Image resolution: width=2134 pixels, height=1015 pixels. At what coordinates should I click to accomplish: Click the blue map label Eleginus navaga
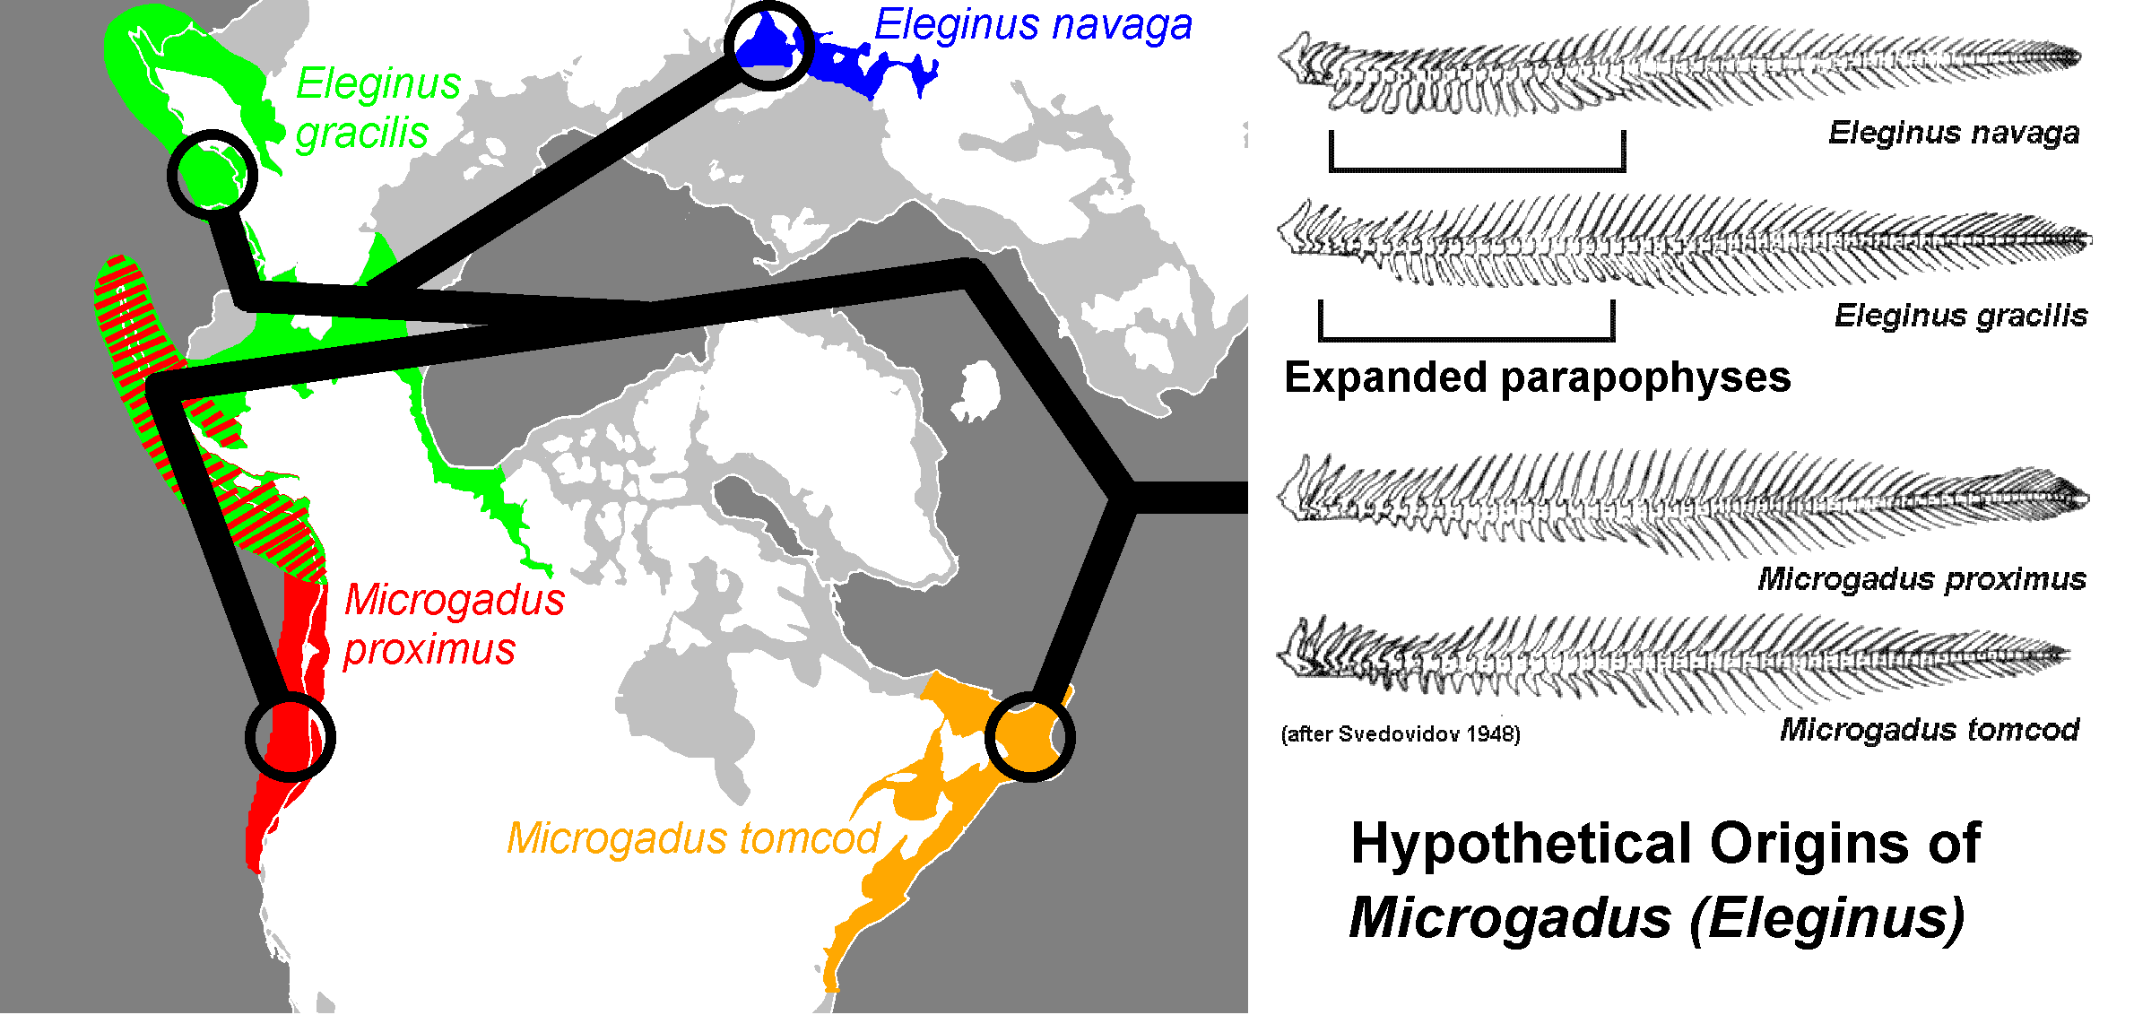point(1033,25)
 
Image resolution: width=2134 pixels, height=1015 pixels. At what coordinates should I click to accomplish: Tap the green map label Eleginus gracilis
point(377,108)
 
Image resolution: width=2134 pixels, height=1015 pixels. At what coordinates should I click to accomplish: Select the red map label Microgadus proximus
point(453,624)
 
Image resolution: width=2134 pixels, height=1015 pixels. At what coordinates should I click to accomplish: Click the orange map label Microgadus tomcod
point(693,839)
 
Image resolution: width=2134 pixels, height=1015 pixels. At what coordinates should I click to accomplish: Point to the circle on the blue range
point(768,46)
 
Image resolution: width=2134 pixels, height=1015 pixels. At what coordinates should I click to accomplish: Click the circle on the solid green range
point(213,175)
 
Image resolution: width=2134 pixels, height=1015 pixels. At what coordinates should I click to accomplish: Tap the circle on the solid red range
point(291,737)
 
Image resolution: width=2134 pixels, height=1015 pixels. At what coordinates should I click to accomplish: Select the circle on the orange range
point(1030,737)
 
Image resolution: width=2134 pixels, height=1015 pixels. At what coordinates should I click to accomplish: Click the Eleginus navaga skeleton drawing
point(1677,70)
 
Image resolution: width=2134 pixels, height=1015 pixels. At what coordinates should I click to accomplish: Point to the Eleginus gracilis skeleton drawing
point(1681,241)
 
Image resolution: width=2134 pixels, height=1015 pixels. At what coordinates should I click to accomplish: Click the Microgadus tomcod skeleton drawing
point(1672,662)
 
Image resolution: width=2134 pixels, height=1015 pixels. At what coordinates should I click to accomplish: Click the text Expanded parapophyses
point(1537,377)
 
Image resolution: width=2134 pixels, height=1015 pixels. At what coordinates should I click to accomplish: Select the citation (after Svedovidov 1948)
point(1401,734)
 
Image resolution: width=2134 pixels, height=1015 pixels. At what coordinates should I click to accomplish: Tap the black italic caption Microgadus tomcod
point(1929,730)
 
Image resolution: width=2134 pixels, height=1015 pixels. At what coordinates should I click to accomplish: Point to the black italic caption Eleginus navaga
point(1954,133)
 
